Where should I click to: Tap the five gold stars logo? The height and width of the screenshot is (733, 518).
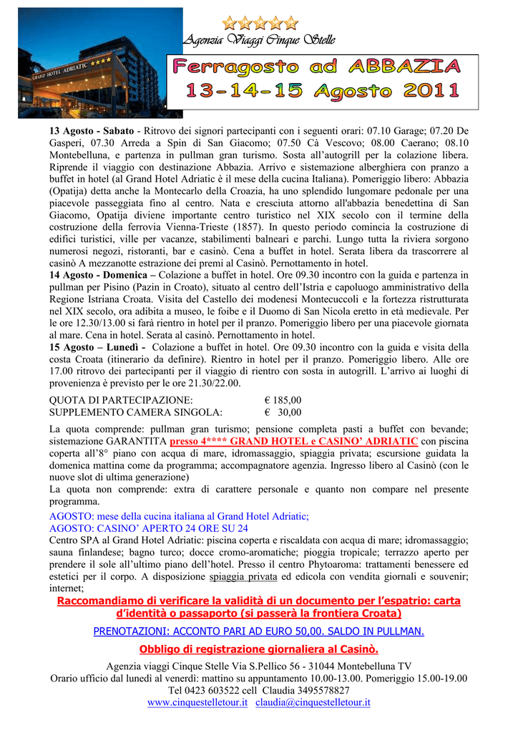(x=260, y=23)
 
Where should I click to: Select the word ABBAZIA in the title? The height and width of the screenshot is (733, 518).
(x=405, y=68)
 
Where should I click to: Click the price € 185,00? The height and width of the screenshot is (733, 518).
(x=283, y=400)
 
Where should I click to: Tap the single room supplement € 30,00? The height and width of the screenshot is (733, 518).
(x=283, y=412)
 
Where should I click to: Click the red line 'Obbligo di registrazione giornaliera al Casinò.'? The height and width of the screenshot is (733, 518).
(x=258, y=649)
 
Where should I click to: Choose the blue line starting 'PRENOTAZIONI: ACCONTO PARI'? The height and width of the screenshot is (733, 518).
(x=258, y=631)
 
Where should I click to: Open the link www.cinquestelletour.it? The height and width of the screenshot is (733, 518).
(x=197, y=702)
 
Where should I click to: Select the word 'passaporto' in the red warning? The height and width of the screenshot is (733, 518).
(x=196, y=613)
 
